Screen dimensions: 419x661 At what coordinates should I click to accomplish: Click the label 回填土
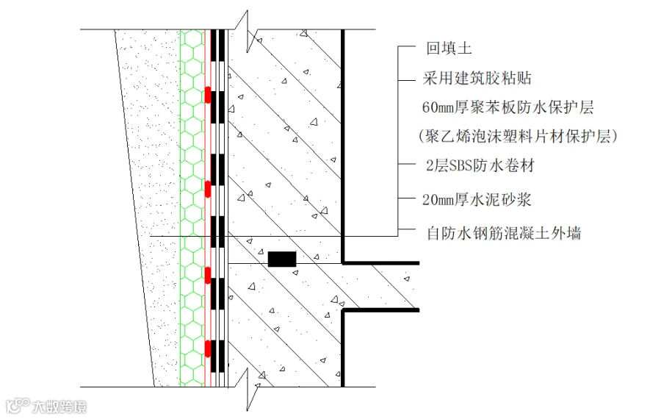[448, 49]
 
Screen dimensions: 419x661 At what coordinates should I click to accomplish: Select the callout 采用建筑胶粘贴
[477, 78]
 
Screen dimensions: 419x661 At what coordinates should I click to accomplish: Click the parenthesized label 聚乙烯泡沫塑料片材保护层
[516, 136]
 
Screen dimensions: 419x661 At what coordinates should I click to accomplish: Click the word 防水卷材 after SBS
[505, 165]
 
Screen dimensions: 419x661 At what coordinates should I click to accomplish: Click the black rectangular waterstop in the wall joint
[281, 259]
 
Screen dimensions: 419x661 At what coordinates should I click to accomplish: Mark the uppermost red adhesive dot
[208, 96]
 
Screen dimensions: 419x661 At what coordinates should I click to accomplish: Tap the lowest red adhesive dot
[208, 348]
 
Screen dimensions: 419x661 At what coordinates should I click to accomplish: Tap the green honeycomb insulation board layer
[192, 206]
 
